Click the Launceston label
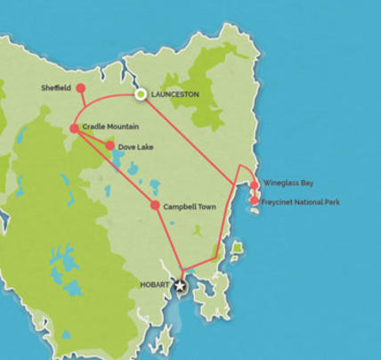(x=174, y=94)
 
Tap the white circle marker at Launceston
(x=140, y=94)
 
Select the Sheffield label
(x=56, y=88)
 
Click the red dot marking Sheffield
(x=80, y=88)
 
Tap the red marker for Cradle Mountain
(x=74, y=128)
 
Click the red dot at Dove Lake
(x=109, y=145)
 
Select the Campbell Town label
(x=190, y=207)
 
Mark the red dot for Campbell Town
(x=155, y=206)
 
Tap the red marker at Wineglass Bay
(x=255, y=185)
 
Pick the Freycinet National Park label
(x=303, y=202)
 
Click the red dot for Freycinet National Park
(x=255, y=201)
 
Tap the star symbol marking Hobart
(x=181, y=286)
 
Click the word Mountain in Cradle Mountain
(x=129, y=128)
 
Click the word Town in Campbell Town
(x=205, y=207)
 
